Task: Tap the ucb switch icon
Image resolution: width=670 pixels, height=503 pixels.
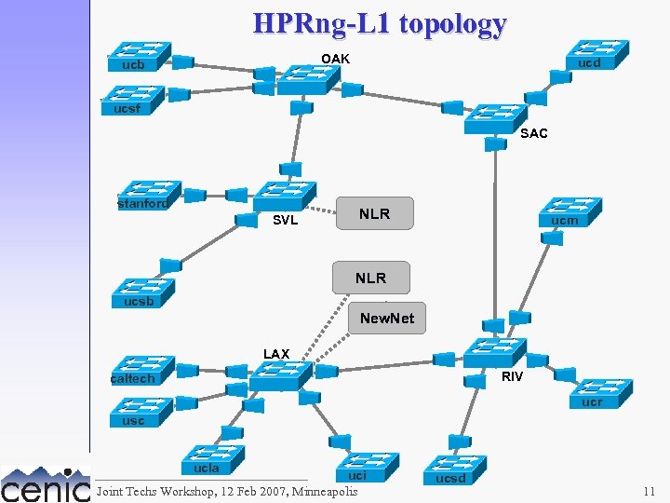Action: tap(138, 56)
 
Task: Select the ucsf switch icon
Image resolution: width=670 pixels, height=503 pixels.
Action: tap(132, 99)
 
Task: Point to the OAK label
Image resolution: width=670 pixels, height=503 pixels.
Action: tap(336, 59)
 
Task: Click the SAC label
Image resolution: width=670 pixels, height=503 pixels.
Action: tap(534, 133)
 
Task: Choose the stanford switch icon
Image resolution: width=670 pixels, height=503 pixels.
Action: tap(144, 195)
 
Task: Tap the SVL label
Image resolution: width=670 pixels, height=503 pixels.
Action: tap(285, 221)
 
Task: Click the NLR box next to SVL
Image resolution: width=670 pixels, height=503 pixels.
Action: tap(374, 214)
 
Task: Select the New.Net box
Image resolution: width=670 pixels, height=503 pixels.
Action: tap(387, 319)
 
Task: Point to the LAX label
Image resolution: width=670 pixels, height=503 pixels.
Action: tap(276, 354)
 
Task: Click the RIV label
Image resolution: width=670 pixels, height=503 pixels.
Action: tap(512, 376)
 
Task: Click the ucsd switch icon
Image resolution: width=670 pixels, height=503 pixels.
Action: tap(453, 469)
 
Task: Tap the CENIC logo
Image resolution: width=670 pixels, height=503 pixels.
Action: tap(45, 483)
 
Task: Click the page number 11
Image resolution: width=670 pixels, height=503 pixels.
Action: tap(649, 491)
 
